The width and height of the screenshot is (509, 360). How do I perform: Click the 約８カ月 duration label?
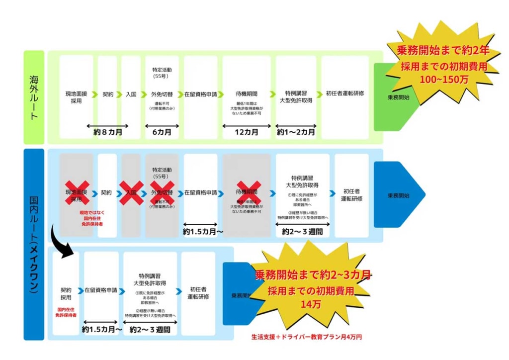point(108,132)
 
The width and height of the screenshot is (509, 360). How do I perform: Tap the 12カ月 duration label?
point(247,132)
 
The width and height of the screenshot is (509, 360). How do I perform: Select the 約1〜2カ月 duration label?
point(296,132)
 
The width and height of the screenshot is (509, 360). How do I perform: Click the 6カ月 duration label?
point(162,132)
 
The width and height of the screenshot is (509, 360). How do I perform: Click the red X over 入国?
point(131,192)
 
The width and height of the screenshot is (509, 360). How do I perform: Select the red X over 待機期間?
point(247,192)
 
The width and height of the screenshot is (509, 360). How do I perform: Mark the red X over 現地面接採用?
point(77,193)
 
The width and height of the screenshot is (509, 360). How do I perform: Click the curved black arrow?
point(62,242)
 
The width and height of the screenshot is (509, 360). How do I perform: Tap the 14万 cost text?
point(311,304)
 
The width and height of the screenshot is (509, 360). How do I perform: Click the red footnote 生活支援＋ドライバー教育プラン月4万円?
point(306,337)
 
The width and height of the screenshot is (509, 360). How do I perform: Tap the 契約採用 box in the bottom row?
point(66,293)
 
